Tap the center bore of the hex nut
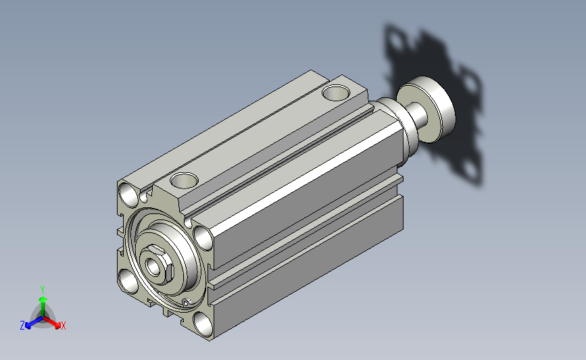[153, 266]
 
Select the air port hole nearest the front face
[184, 180]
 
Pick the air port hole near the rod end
[336, 93]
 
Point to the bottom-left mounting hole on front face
[129, 282]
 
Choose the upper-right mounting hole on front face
[203, 238]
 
